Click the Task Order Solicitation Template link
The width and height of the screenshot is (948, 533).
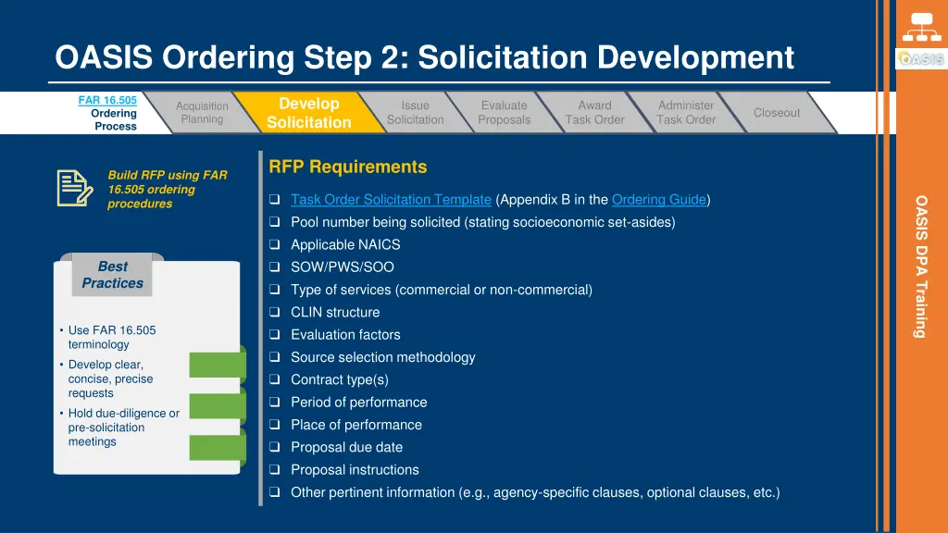[391, 200]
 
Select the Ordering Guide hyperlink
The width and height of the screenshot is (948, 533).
[658, 200]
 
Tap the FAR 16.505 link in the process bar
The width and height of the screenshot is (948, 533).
[107, 100]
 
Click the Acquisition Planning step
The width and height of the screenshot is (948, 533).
[202, 113]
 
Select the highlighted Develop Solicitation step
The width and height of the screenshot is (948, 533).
[309, 113]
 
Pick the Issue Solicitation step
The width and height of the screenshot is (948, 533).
[415, 113]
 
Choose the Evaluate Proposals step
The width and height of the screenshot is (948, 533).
[505, 113]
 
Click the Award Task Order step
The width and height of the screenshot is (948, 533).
[595, 113]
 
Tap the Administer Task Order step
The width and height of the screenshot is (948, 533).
[686, 113]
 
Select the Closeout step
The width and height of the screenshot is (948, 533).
[776, 113]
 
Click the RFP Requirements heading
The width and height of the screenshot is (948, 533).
[348, 167]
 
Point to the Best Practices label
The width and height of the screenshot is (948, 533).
[113, 275]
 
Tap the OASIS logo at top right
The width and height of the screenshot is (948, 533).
[920, 59]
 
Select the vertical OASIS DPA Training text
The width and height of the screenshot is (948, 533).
[921, 266]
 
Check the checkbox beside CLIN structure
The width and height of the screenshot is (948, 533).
[275, 313]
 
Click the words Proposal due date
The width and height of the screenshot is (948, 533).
[346, 448]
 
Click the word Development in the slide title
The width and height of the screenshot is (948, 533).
[695, 58]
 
